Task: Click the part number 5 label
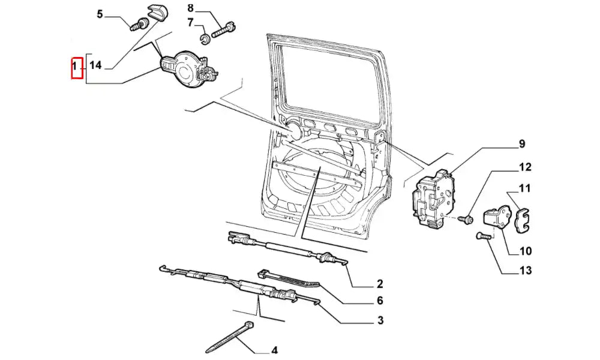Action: coord(100,14)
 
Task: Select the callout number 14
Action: coord(95,65)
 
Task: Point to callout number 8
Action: coord(191,8)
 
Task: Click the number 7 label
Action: coord(190,23)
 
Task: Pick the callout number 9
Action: coord(522,144)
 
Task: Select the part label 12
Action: coord(525,167)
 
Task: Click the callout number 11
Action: coord(524,188)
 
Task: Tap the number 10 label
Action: coord(526,251)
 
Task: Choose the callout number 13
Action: coord(526,270)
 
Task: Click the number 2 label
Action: coord(380,284)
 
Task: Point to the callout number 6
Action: coord(380,301)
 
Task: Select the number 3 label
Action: coord(380,320)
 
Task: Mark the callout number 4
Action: coord(274,350)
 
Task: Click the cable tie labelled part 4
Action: coord(230,338)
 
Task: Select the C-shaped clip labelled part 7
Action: coord(205,38)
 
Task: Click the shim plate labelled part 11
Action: coord(522,221)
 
